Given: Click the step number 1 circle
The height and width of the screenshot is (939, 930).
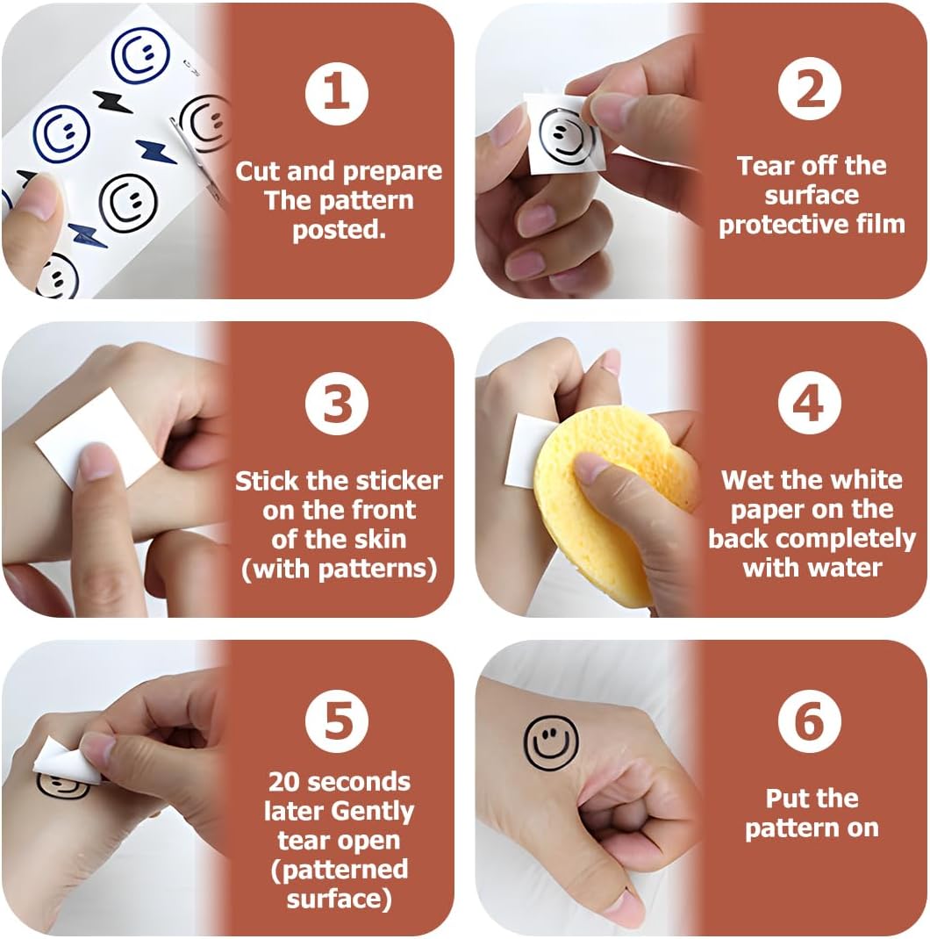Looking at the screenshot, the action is [x=337, y=94].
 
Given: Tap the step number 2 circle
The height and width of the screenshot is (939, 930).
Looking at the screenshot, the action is [x=810, y=90].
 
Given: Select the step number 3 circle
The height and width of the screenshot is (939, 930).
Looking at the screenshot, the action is [x=337, y=403].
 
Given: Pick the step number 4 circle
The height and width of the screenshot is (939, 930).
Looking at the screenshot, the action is [x=810, y=403].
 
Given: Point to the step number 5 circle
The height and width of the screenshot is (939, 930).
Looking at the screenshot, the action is [x=337, y=720].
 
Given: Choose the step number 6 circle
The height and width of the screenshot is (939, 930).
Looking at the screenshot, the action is [x=810, y=721].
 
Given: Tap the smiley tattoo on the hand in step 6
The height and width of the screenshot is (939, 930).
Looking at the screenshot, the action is [x=551, y=742].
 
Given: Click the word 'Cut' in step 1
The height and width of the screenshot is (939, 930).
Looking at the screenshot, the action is [x=258, y=172].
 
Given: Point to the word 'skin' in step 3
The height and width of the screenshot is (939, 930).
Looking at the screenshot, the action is [x=379, y=540].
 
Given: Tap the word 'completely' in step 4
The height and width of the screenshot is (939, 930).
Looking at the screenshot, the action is [x=854, y=540].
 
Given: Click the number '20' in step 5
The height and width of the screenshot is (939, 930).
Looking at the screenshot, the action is [x=283, y=782].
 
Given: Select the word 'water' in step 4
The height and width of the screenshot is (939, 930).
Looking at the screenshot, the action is [x=848, y=568].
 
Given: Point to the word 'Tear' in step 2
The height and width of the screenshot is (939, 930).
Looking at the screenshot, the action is [x=763, y=166].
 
